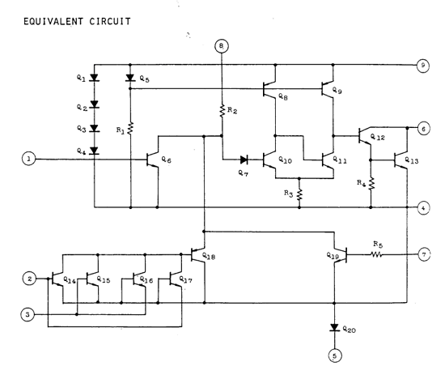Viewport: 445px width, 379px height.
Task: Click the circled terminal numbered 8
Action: [222, 46]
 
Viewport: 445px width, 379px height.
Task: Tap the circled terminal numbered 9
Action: [423, 66]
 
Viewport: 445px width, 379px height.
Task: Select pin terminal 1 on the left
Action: [28, 159]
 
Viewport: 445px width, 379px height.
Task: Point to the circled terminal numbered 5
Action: [335, 356]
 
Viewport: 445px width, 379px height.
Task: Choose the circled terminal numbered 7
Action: [424, 254]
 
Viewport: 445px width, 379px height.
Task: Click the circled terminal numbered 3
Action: [28, 314]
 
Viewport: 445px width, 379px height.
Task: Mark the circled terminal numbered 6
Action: [423, 129]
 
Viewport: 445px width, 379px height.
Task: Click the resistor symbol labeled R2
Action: [222, 111]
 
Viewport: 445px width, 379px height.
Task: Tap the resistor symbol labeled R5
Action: [376, 255]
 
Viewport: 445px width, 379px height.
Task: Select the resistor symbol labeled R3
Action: [299, 194]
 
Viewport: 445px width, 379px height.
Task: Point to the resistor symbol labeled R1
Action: [130, 129]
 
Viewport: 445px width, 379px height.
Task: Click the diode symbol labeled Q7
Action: [244, 160]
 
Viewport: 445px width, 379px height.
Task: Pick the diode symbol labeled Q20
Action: [335, 327]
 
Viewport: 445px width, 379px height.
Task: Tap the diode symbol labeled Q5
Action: [130, 78]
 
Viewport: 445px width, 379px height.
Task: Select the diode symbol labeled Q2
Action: [95, 104]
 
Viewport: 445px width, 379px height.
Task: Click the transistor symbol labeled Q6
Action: [153, 160]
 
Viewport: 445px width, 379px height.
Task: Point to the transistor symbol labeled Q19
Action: [340, 255]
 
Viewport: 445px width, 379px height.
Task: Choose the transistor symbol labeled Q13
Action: [400, 160]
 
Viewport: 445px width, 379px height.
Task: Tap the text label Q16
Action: [146, 280]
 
